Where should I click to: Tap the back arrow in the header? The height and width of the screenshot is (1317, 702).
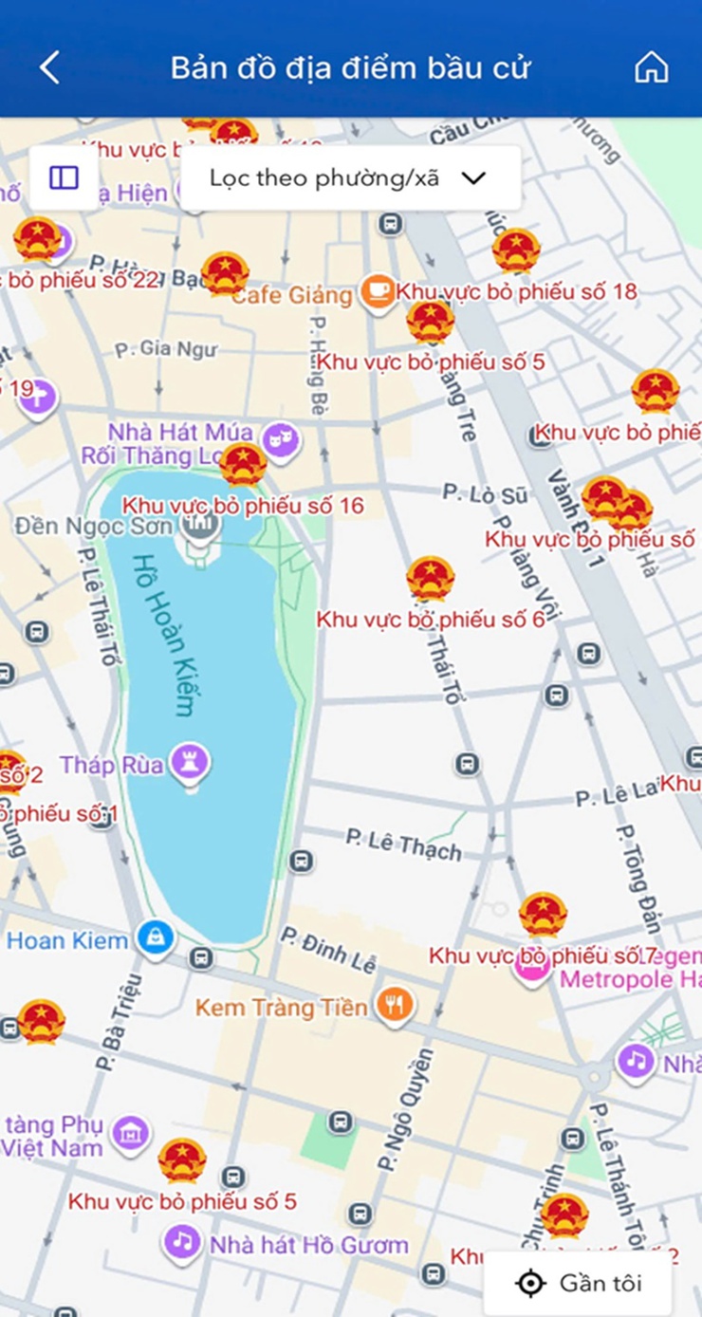[49, 67]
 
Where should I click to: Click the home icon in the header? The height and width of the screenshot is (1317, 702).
[651, 67]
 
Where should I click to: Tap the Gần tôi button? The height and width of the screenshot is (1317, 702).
[579, 1284]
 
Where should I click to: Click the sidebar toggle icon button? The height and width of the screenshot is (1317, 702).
[64, 178]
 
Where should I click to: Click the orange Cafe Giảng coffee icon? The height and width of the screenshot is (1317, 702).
[378, 290]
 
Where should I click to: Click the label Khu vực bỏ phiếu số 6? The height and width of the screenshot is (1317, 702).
[431, 620]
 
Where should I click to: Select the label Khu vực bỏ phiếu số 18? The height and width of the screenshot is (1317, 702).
[516, 291]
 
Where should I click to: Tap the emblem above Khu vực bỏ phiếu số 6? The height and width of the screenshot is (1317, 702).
[431, 579]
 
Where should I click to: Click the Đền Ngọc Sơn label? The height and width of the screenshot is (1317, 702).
[93, 526]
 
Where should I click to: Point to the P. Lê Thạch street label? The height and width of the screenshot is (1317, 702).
[403, 844]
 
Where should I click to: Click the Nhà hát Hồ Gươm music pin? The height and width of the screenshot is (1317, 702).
[181, 1242]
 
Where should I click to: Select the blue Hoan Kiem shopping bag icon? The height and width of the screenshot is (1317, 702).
[154, 939]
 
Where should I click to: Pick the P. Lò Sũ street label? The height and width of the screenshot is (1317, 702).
[485, 492]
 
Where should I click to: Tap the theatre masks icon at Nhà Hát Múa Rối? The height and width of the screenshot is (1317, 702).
[281, 438]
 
